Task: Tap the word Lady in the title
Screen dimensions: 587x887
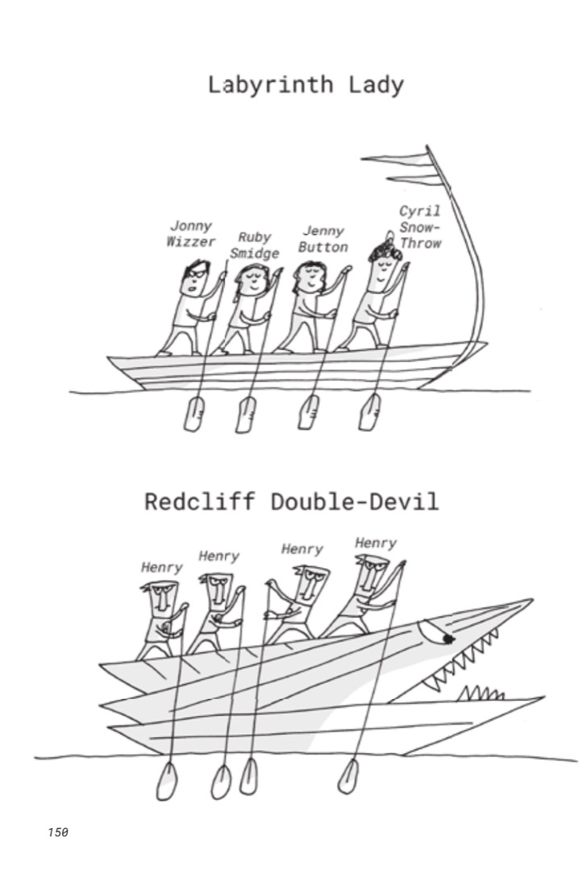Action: click(x=377, y=85)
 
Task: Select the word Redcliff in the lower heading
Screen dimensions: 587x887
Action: click(x=200, y=502)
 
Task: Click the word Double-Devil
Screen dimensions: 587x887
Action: click(x=355, y=502)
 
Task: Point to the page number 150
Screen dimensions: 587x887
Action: click(x=58, y=832)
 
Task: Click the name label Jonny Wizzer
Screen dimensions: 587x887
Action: click(x=191, y=234)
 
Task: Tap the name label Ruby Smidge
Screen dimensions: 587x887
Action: click(x=255, y=245)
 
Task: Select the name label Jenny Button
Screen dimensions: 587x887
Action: click(x=323, y=239)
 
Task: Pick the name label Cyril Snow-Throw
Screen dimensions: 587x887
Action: click(x=420, y=227)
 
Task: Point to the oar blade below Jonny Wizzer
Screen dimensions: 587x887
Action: click(x=194, y=414)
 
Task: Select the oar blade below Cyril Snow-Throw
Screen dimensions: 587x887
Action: click(x=369, y=412)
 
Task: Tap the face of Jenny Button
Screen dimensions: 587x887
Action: click(x=309, y=278)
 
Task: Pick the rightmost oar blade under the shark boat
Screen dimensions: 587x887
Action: click(x=348, y=777)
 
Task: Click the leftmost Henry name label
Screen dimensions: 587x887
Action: click(x=162, y=568)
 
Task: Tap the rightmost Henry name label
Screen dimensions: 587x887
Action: click(x=376, y=543)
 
